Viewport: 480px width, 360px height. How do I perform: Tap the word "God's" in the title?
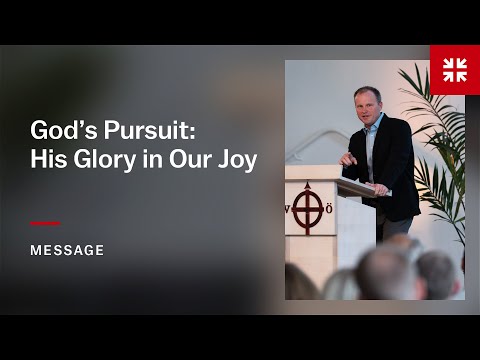pos(61,131)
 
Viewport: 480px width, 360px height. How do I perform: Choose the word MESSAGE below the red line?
pos(67,250)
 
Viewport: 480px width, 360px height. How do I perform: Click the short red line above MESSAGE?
pos(45,224)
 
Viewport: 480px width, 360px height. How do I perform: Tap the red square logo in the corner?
pos(454,69)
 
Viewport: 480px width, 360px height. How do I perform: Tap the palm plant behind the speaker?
pos(440,130)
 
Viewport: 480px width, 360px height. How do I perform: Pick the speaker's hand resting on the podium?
pos(379,189)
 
